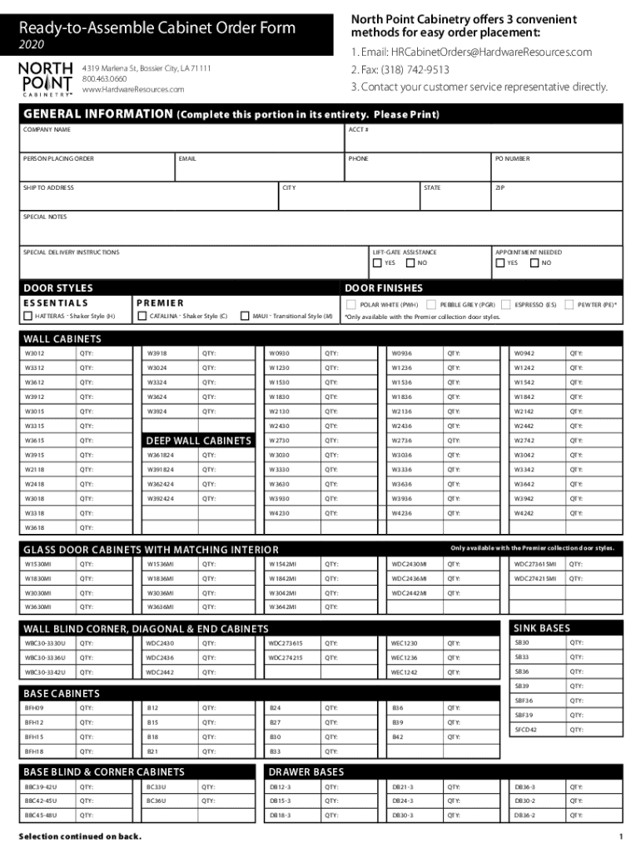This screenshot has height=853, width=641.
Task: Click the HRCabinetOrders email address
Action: (x=479, y=52)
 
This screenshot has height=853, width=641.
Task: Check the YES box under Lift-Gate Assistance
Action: (x=377, y=264)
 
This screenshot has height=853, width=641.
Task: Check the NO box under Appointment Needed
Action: (x=534, y=264)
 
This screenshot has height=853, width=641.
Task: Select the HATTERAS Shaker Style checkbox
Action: (x=28, y=317)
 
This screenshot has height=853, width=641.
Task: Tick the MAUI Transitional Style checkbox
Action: (x=244, y=317)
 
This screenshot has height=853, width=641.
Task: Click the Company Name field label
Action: (x=47, y=130)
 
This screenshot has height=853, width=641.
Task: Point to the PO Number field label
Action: (x=512, y=158)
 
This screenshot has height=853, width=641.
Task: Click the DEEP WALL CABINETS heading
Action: (x=198, y=441)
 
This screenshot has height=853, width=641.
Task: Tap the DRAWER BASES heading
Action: (x=306, y=772)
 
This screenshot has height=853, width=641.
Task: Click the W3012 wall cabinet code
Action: (x=35, y=353)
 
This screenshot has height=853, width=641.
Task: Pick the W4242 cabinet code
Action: (x=524, y=513)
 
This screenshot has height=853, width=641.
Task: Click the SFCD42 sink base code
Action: (x=526, y=730)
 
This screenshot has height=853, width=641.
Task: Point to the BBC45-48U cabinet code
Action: (x=41, y=816)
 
